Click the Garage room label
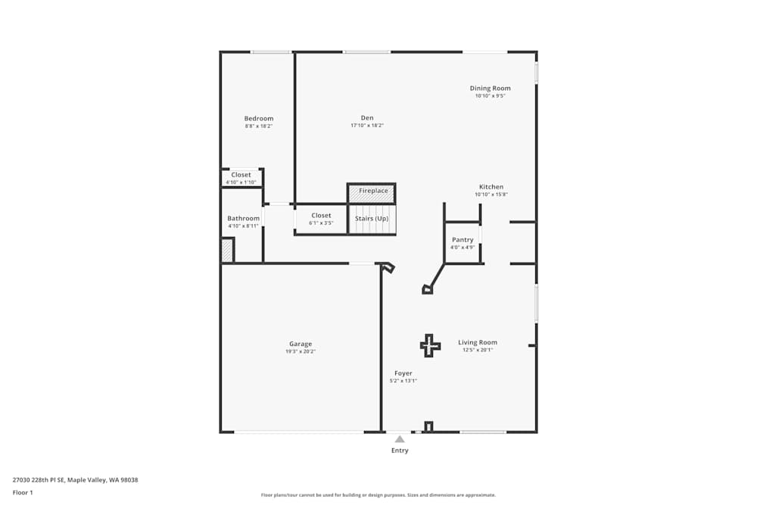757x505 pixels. click(301, 344)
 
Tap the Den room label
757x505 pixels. click(367, 118)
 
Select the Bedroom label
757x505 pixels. click(259, 118)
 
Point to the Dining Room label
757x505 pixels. click(490, 89)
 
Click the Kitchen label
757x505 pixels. click(491, 187)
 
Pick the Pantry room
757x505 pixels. click(463, 243)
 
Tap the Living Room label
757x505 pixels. click(478, 342)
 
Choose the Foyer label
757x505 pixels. click(403, 373)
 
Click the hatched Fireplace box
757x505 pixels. click(372, 193)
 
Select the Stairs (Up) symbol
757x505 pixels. click(372, 220)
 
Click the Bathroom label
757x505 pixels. click(243, 218)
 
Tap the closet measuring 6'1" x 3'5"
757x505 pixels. click(321, 220)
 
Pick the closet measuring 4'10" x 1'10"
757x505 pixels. click(241, 178)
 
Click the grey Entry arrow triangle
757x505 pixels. click(400, 439)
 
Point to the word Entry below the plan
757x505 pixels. click(400, 450)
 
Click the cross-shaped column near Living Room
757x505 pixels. click(430, 346)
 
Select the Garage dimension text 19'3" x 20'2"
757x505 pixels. click(301, 351)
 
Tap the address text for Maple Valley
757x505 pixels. click(75, 480)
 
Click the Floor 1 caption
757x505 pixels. click(23, 492)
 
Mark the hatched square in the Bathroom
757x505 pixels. click(227, 250)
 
